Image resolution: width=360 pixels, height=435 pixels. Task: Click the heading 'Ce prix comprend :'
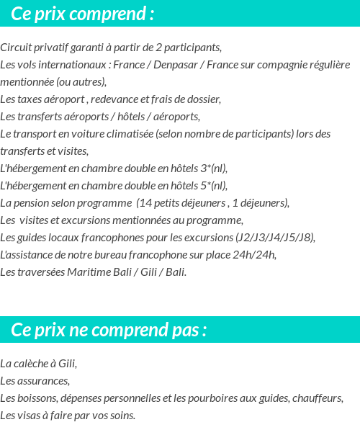[x=83, y=14]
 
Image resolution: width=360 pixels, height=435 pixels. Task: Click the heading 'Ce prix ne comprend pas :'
[x=109, y=330]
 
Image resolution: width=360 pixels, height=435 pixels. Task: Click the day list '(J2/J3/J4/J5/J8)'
[x=275, y=238]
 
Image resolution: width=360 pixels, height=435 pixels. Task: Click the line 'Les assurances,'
[x=35, y=381]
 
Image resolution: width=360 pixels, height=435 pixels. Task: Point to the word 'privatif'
[x=53, y=48]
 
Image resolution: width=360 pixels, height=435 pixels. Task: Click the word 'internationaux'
[x=72, y=65]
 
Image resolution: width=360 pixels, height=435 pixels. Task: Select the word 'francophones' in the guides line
[x=122, y=238]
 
